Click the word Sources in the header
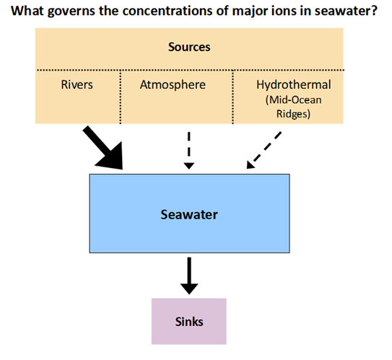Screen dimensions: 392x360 pyautogui.click(x=189, y=47)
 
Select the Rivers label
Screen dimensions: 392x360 pyautogui.click(x=77, y=84)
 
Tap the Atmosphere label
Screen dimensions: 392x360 pyautogui.click(x=173, y=84)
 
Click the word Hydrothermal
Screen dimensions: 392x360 pyautogui.click(x=294, y=84)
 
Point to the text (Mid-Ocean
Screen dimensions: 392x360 pyautogui.click(x=294, y=100)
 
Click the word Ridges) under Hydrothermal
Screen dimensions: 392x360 pyautogui.click(x=294, y=114)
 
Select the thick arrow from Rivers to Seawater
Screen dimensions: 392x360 pyautogui.click(x=104, y=147)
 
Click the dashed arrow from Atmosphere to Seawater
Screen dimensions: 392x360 pyautogui.click(x=189, y=151)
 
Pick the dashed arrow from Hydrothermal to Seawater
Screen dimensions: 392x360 pyautogui.click(x=264, y=150)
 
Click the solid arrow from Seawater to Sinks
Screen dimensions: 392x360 pyautogui.click(x=189, y=276)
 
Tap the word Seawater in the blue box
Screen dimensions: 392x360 pyautogui.click(x=189, y=214)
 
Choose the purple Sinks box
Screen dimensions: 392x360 pyautogui.click(x=189, y=321)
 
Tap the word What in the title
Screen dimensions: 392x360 pyautogui.click(x=27, y=11)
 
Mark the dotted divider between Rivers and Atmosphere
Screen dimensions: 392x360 pyautogui.click(x=121, y=97)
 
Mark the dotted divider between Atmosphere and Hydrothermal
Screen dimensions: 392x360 pyautogui.click(x=232, y=97)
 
